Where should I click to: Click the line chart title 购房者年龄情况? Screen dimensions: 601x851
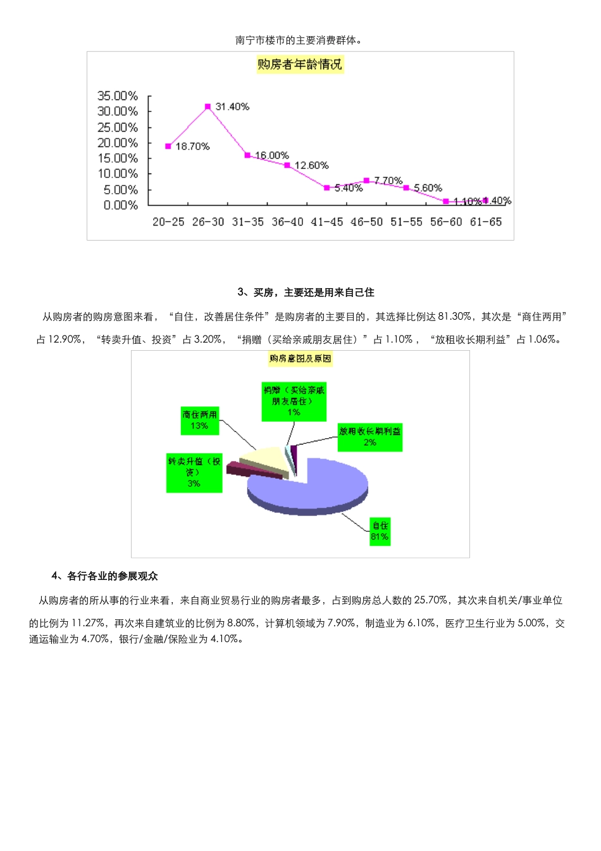click(x=300, y=65)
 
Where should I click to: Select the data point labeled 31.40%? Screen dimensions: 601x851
click(x=208, y=106)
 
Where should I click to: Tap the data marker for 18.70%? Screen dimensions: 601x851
click(x=168, y=146)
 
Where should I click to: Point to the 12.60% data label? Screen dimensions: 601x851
click(x=312, y=166)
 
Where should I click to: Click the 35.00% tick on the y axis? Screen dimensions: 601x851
click(x=118, y=96)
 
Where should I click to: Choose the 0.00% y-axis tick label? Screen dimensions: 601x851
click(x=121, y=205)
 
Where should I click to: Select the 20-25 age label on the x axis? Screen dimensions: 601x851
click(x=168, y=222)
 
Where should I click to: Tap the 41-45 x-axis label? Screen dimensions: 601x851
click(x=327, y=222)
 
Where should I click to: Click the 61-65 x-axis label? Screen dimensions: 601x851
click(x=486, y=222)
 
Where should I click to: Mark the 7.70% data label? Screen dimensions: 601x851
click(x=388, y=180)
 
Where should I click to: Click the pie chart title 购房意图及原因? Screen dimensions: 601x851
click(x=300, y=358)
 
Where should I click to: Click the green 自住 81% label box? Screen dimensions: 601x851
click(x=380, y=531)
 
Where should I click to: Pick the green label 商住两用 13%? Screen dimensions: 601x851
click(x=200, y=420)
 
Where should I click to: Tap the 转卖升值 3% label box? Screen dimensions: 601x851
click(x=194, y=472)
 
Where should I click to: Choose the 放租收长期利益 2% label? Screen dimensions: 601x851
click(x=370, y=437)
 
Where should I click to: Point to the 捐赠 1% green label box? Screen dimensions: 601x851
click(x=294, y=401)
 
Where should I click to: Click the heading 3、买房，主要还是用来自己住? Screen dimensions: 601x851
click(x=306, y=293)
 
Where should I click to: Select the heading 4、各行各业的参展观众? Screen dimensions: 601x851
click(x=105, y=576)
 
